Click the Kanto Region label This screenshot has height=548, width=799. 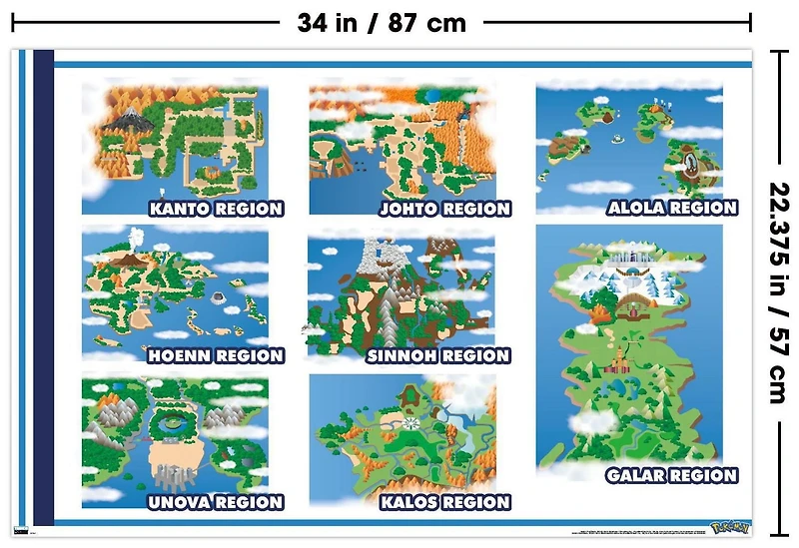tap(216, 210)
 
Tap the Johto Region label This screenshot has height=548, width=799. tap(444, 210)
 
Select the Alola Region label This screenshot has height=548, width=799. tap(672, 209)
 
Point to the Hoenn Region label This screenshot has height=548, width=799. tap(216, 356)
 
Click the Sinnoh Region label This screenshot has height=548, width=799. tap(438, 356)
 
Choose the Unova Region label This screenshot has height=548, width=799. tap(215, 502)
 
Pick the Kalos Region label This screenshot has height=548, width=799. tap(444, 502)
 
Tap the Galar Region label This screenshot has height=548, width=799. tap(671, 476)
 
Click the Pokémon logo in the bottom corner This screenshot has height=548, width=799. tap(728, 526)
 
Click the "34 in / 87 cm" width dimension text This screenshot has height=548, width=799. tap(382, 23)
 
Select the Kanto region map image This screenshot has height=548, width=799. tap(175, 140)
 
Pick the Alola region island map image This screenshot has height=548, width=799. tap(629, 140)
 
